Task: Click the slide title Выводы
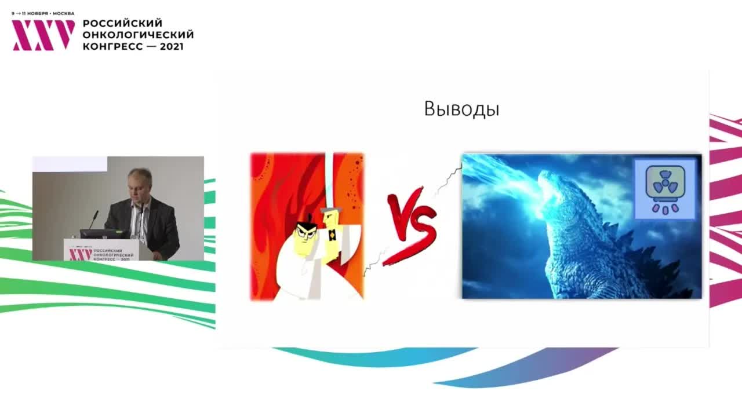(x=461, y=109)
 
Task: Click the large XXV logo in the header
(x=43, y=35)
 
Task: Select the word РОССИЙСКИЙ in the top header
(x=122, y=23)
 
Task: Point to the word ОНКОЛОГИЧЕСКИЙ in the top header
(x=138, y=35)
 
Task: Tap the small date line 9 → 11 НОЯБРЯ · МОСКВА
(x=43, y=13)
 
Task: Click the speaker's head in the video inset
(x=140, y=184)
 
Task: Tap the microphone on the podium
(x=93, y=220)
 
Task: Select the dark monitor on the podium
(x=104, y=234)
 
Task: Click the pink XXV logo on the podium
(x=81, y=254)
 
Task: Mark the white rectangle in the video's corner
(x=70, y=164)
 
